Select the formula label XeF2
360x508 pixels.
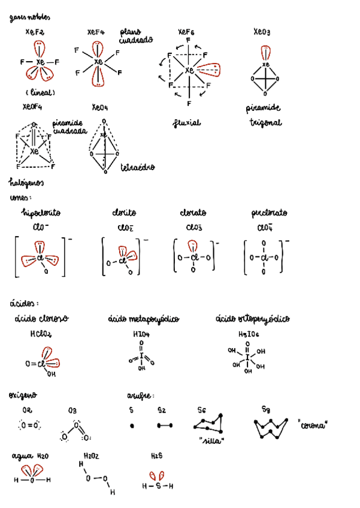(x=35, y=32)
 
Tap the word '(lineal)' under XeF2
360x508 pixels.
(x=40, y=93)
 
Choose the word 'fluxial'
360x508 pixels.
(x=187, y=123)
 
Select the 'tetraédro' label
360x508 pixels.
(x=138, y=167)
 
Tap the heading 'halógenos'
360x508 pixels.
(x=27, y=182)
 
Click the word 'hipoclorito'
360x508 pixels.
(x=41, y=213)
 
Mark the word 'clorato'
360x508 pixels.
(x=193, y=213)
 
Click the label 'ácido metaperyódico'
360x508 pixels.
(x=144, y=319)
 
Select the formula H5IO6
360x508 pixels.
(x=249, y=334)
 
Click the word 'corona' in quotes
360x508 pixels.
(x=313, y=425)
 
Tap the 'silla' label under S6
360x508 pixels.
(x=211, y=442)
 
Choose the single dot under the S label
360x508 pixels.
(x=132, y=425)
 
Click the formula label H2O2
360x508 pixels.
(x=92, y=456)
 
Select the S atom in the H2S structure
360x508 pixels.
(x=158, y=486)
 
